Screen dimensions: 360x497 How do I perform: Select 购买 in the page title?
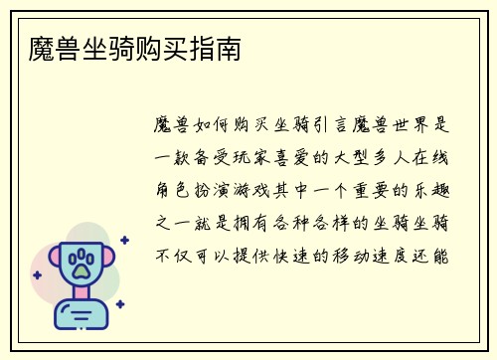160,48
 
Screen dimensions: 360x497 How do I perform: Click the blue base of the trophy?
82,315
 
